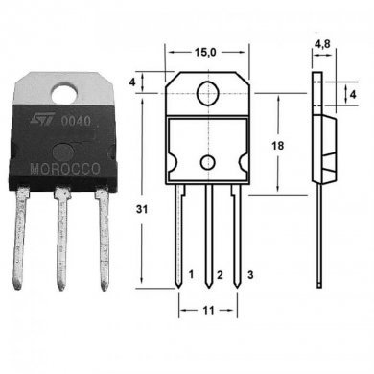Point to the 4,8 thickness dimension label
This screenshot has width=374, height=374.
(x=323, y=43)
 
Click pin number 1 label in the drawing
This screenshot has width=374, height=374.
(x=192, y=275)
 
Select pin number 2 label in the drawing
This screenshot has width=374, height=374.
(x=221, y=276)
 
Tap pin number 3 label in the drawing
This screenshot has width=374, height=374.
(x=250, y=275)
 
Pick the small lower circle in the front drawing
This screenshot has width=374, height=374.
(x=207, y=164)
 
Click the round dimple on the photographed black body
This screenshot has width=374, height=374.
(x=62, y=151)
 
